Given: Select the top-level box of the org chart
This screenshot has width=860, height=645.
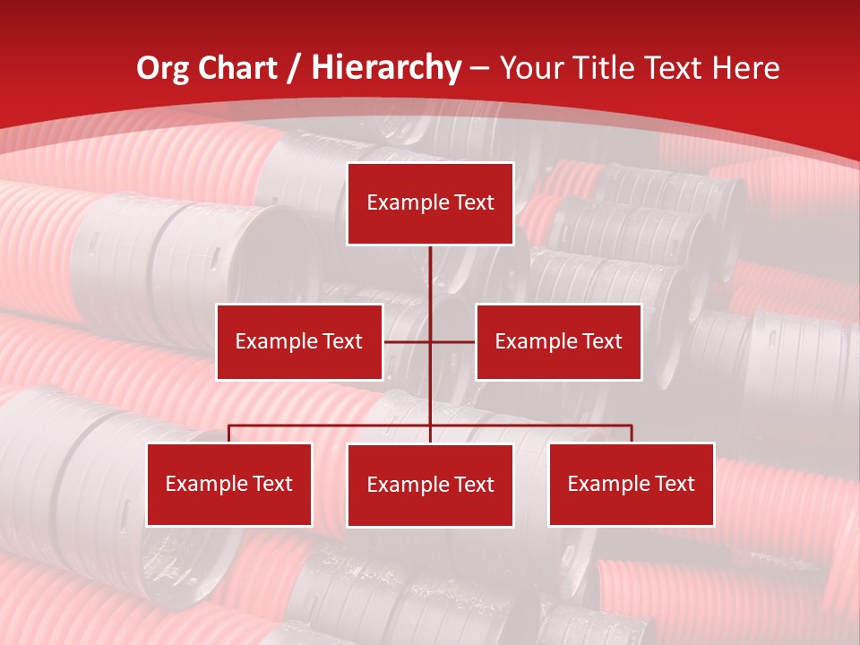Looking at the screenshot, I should [x=430, y=203].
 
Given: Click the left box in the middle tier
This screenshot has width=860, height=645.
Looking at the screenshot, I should [x=299, y=341].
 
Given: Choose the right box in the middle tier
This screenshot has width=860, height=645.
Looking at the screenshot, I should [x=558, y=341].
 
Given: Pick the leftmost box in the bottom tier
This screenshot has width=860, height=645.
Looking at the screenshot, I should [x=229, y=485].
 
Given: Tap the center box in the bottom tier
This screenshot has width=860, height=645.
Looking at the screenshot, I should [x=430, y=486].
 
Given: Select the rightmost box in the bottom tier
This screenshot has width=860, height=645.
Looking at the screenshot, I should [x=632, y=485].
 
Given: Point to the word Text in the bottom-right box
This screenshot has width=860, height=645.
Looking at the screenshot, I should [x=675, y=485].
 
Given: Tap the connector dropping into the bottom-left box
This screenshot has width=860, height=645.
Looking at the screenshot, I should [x=229, y=434].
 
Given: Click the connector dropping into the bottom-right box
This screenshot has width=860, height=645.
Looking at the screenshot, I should [x=632, y=434].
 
